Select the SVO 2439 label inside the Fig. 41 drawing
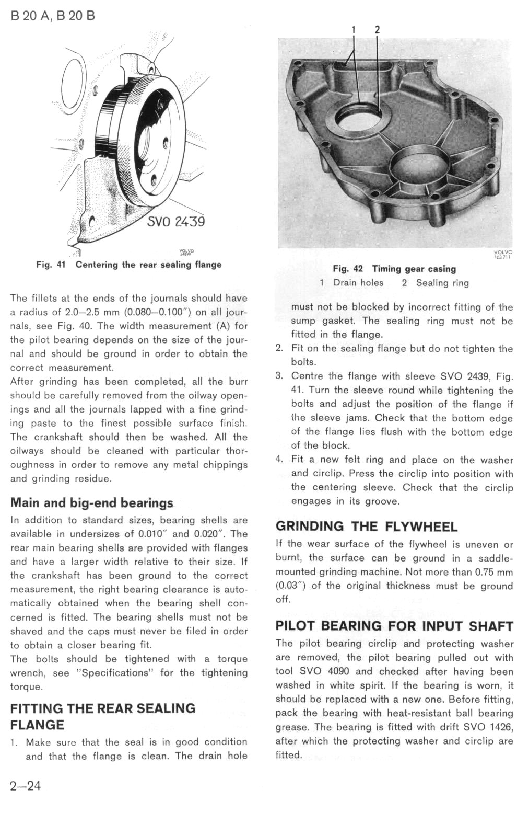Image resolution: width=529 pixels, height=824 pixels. click(176, 222)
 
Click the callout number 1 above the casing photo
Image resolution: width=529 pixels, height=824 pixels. click(354, 30)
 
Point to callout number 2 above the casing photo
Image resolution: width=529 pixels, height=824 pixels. click(377, 30)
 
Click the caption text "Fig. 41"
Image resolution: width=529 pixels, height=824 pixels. click(51, 265)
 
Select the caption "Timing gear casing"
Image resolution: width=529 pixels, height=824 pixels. click(414, 269)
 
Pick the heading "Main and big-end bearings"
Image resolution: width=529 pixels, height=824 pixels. click(91, 503)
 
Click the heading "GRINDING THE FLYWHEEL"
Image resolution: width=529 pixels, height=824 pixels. click(366, 527)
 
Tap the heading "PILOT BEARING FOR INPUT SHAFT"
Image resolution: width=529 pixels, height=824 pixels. click(394, 626)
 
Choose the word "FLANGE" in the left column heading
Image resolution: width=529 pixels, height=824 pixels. click(37, 725)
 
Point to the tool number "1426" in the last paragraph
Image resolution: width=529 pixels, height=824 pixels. click(502, 727)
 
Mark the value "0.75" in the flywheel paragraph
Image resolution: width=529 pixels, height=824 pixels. click(479, 572)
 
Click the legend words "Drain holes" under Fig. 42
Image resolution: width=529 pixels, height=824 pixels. click(358, 283)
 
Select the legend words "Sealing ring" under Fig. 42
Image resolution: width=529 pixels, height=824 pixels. click(442, 283)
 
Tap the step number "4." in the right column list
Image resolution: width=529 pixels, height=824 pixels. click(279, 460)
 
